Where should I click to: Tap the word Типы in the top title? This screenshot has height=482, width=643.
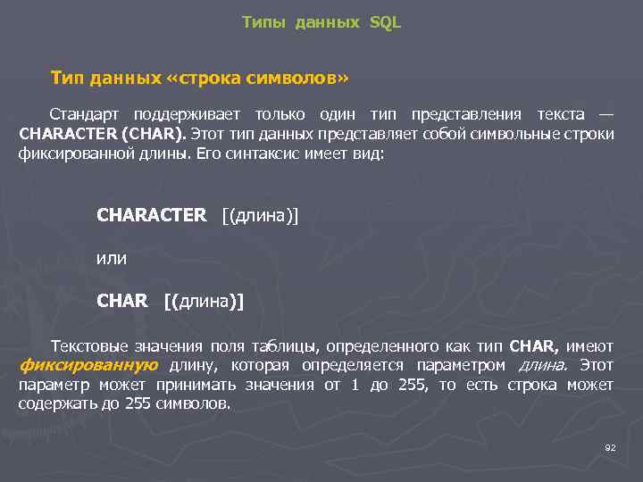(x=261, y=22)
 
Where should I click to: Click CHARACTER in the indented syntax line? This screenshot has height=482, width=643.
(x=151, y=215)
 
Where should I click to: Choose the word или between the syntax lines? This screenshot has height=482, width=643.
(x=112, y=258)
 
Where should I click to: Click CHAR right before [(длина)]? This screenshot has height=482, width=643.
(x=122, y=301)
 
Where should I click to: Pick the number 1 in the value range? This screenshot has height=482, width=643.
(x=355, y=385)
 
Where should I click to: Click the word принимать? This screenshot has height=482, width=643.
(x=203, y=385)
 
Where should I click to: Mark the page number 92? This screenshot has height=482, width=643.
(x=611, y=446)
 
